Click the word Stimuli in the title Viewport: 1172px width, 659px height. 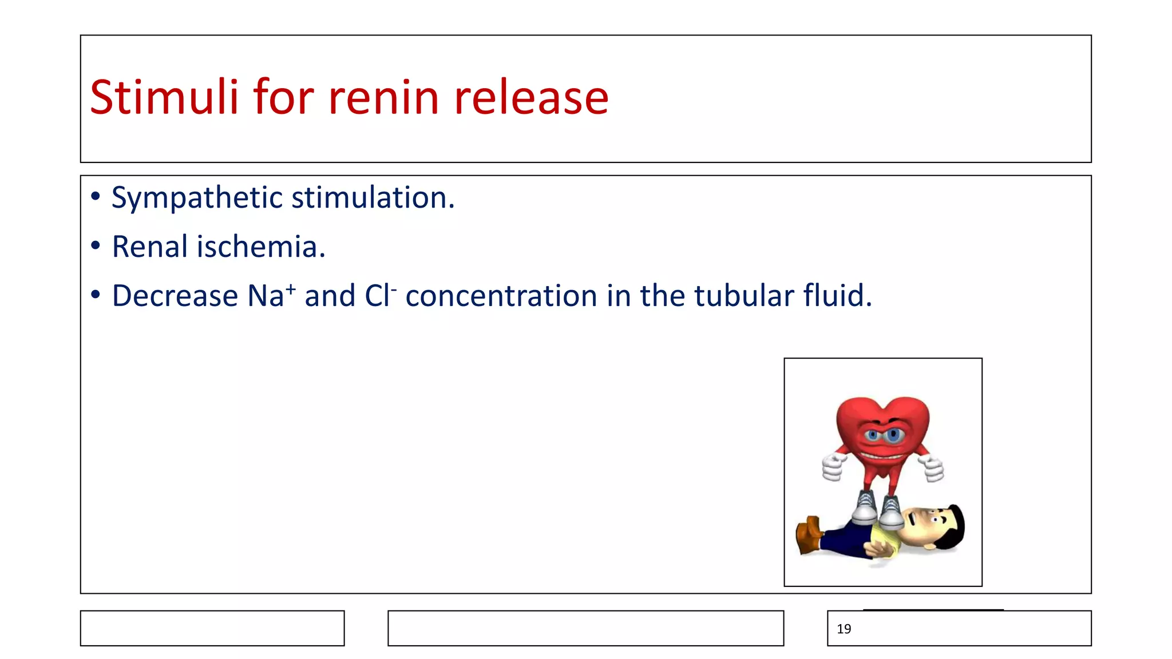(164, 97)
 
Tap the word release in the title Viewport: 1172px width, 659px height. (531, 97)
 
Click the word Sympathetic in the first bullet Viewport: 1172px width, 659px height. (197, 198)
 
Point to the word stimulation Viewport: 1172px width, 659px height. (373, 198)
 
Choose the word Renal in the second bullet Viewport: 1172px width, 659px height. (150, 247)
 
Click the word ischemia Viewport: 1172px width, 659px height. (261, 247)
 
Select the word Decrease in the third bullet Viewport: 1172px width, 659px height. (175, 296)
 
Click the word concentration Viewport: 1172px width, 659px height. (502, 296)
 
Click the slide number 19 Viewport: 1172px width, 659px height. (844, 629)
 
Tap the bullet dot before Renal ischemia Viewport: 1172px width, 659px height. (96, 247)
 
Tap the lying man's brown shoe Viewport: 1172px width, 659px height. (809, 534)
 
